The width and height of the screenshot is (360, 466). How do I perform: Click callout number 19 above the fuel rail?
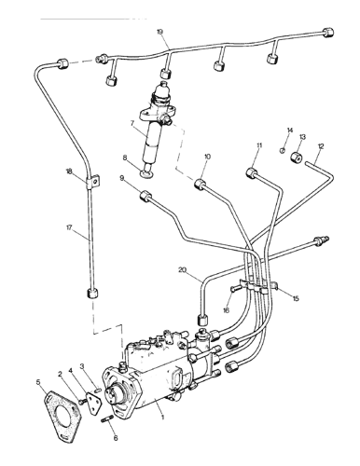(159, 33)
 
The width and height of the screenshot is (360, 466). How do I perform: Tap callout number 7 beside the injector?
(132, 124)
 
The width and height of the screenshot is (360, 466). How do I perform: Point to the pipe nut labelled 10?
(200, 184)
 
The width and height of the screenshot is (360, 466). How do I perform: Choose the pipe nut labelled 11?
(251, 172)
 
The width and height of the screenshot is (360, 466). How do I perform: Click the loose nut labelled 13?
(296, 158)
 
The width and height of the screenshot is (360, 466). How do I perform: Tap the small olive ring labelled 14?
(283, 151)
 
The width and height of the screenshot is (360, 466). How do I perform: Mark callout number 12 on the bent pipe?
(321, 145)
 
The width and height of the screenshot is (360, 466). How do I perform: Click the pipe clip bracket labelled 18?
(92, 183)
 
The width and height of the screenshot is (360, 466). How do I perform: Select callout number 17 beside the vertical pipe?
(69, 227)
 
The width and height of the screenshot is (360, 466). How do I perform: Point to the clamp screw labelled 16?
(234, 289)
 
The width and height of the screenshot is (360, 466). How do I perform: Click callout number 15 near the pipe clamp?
(296, 298)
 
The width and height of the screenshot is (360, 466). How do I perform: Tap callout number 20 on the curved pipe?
(183, 270)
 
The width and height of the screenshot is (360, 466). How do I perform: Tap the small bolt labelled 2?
(82, 402)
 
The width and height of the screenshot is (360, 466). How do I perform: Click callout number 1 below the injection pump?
(162, 417)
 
